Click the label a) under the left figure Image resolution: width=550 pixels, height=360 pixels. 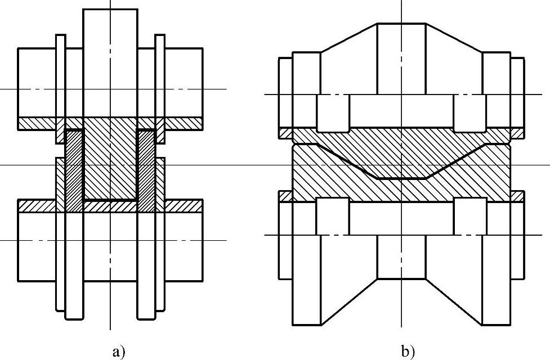(118, 352)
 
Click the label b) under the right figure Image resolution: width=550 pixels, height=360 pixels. (408, 352)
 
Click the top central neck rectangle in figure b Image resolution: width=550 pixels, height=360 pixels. (401, 58)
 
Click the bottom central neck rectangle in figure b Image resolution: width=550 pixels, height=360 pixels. (401, 256)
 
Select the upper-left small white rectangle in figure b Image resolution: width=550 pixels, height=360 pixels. (333, 112)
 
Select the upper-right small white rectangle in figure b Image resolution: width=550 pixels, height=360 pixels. (469, 112)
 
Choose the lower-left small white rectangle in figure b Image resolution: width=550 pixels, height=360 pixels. (332, 216)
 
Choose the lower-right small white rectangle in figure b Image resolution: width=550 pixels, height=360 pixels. (469, 216)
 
